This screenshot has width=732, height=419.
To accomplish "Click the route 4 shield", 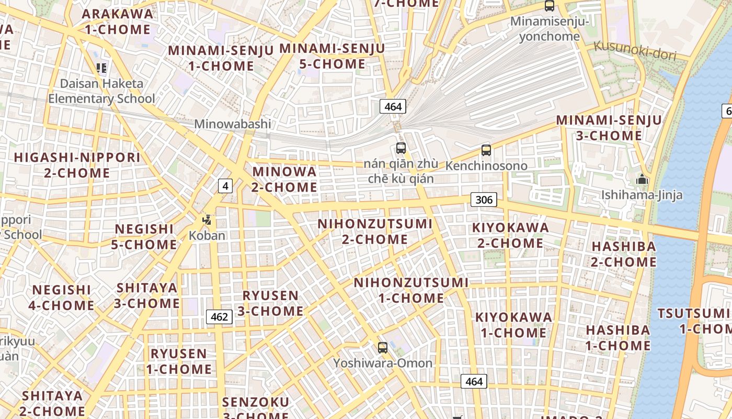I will [225, 186].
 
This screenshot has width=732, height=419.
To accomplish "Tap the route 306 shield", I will [484, 200].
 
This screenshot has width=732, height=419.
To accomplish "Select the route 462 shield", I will [220, 317].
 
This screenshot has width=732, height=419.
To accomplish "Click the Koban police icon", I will [207, 220].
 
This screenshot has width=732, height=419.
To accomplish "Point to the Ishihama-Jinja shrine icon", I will [642, 180].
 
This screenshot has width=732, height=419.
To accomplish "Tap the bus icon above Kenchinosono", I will [486, 150].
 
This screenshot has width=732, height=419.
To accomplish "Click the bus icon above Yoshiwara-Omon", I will [383, 347].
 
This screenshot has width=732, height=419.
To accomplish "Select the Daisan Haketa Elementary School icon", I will [101, 68].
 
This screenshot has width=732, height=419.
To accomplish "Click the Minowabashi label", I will [233, 124].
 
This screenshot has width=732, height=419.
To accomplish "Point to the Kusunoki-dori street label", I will [635, 51].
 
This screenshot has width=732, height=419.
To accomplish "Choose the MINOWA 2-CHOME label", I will [284, 179].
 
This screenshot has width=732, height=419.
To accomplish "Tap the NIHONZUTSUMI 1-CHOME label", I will [411, 290].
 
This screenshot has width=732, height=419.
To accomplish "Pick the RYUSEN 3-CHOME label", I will [270, 303].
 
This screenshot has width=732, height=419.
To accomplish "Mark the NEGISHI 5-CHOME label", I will [144, 237].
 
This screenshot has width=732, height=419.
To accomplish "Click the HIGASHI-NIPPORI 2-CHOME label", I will [77, 165].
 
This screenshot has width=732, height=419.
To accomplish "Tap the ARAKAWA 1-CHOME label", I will [118, 21].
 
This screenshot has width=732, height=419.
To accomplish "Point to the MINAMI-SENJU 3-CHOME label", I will [609, 128].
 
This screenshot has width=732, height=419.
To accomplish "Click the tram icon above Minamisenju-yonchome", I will [550, 6].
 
